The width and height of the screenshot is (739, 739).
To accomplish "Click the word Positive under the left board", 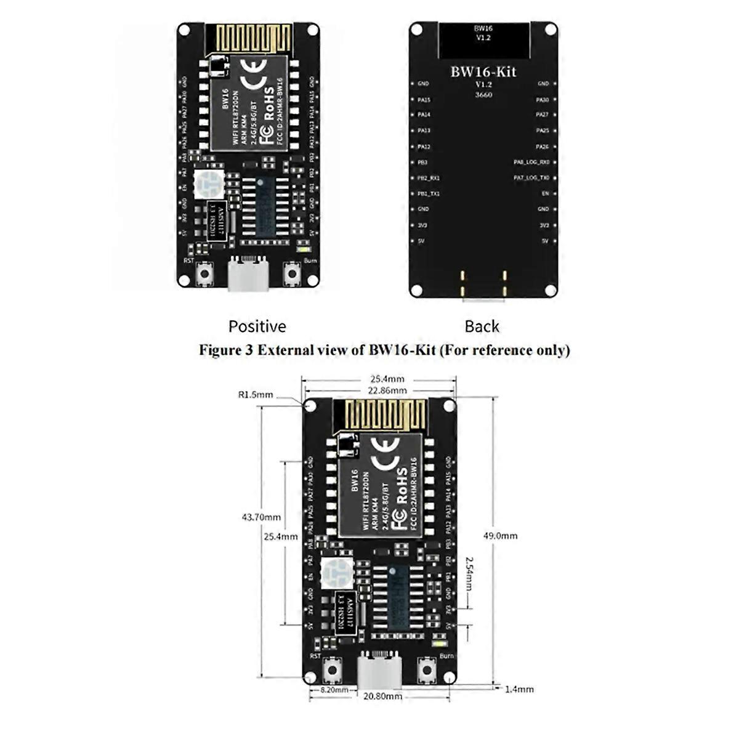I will [x=257, y=326].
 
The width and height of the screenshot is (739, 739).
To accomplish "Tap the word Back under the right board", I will [x=482, y=326].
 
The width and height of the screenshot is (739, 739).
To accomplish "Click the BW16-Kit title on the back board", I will [x=483, y=71].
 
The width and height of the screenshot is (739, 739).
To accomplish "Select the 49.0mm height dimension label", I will [x=500, y=536].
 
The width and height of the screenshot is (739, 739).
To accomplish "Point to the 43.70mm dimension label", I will [x=260, y=517].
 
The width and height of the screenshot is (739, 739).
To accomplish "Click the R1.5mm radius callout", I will [x=255, y=395].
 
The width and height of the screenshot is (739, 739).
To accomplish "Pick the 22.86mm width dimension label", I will [x=387, y=390].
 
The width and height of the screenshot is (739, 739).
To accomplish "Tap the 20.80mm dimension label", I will [x=383, y=697].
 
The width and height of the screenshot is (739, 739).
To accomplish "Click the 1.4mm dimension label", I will [x=519, y=690].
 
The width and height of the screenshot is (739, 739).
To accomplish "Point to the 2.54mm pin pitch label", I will [x=469, y=572].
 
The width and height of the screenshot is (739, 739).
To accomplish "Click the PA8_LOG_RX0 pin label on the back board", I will [x=531, y=163].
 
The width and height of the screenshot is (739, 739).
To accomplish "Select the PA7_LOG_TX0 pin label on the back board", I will [x=531, y=178].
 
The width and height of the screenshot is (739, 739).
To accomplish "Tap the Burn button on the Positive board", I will [x=292, y=273].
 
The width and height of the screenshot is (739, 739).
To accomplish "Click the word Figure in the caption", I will [x=218, y=350].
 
